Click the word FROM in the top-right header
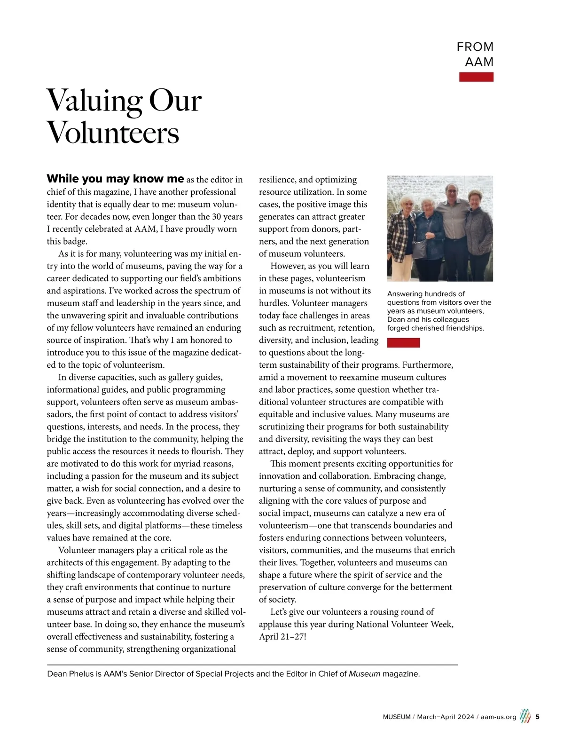click(475, 47)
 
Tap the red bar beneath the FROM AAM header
click(476, 77)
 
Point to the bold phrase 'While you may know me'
click(115, 179)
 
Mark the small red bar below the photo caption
click(403, 343)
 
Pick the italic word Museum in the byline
click(364, 674)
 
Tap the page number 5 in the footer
click(537, 717)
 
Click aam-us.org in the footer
click(498, 717)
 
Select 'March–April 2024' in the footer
click(446, 717)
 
